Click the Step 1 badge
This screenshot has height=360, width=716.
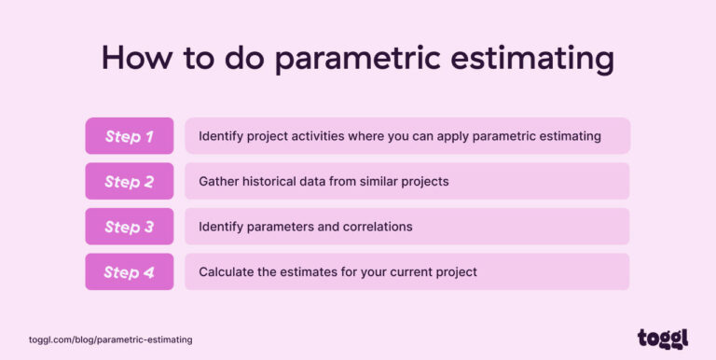tap(129, 136)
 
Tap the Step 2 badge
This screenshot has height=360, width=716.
tap(129, 181)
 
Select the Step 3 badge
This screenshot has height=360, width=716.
tap(129, 227)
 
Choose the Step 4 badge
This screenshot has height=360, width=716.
tap(129, 271)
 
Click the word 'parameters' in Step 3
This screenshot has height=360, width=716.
tap(282, 227)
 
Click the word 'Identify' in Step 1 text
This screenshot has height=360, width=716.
tap(220, 136)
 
